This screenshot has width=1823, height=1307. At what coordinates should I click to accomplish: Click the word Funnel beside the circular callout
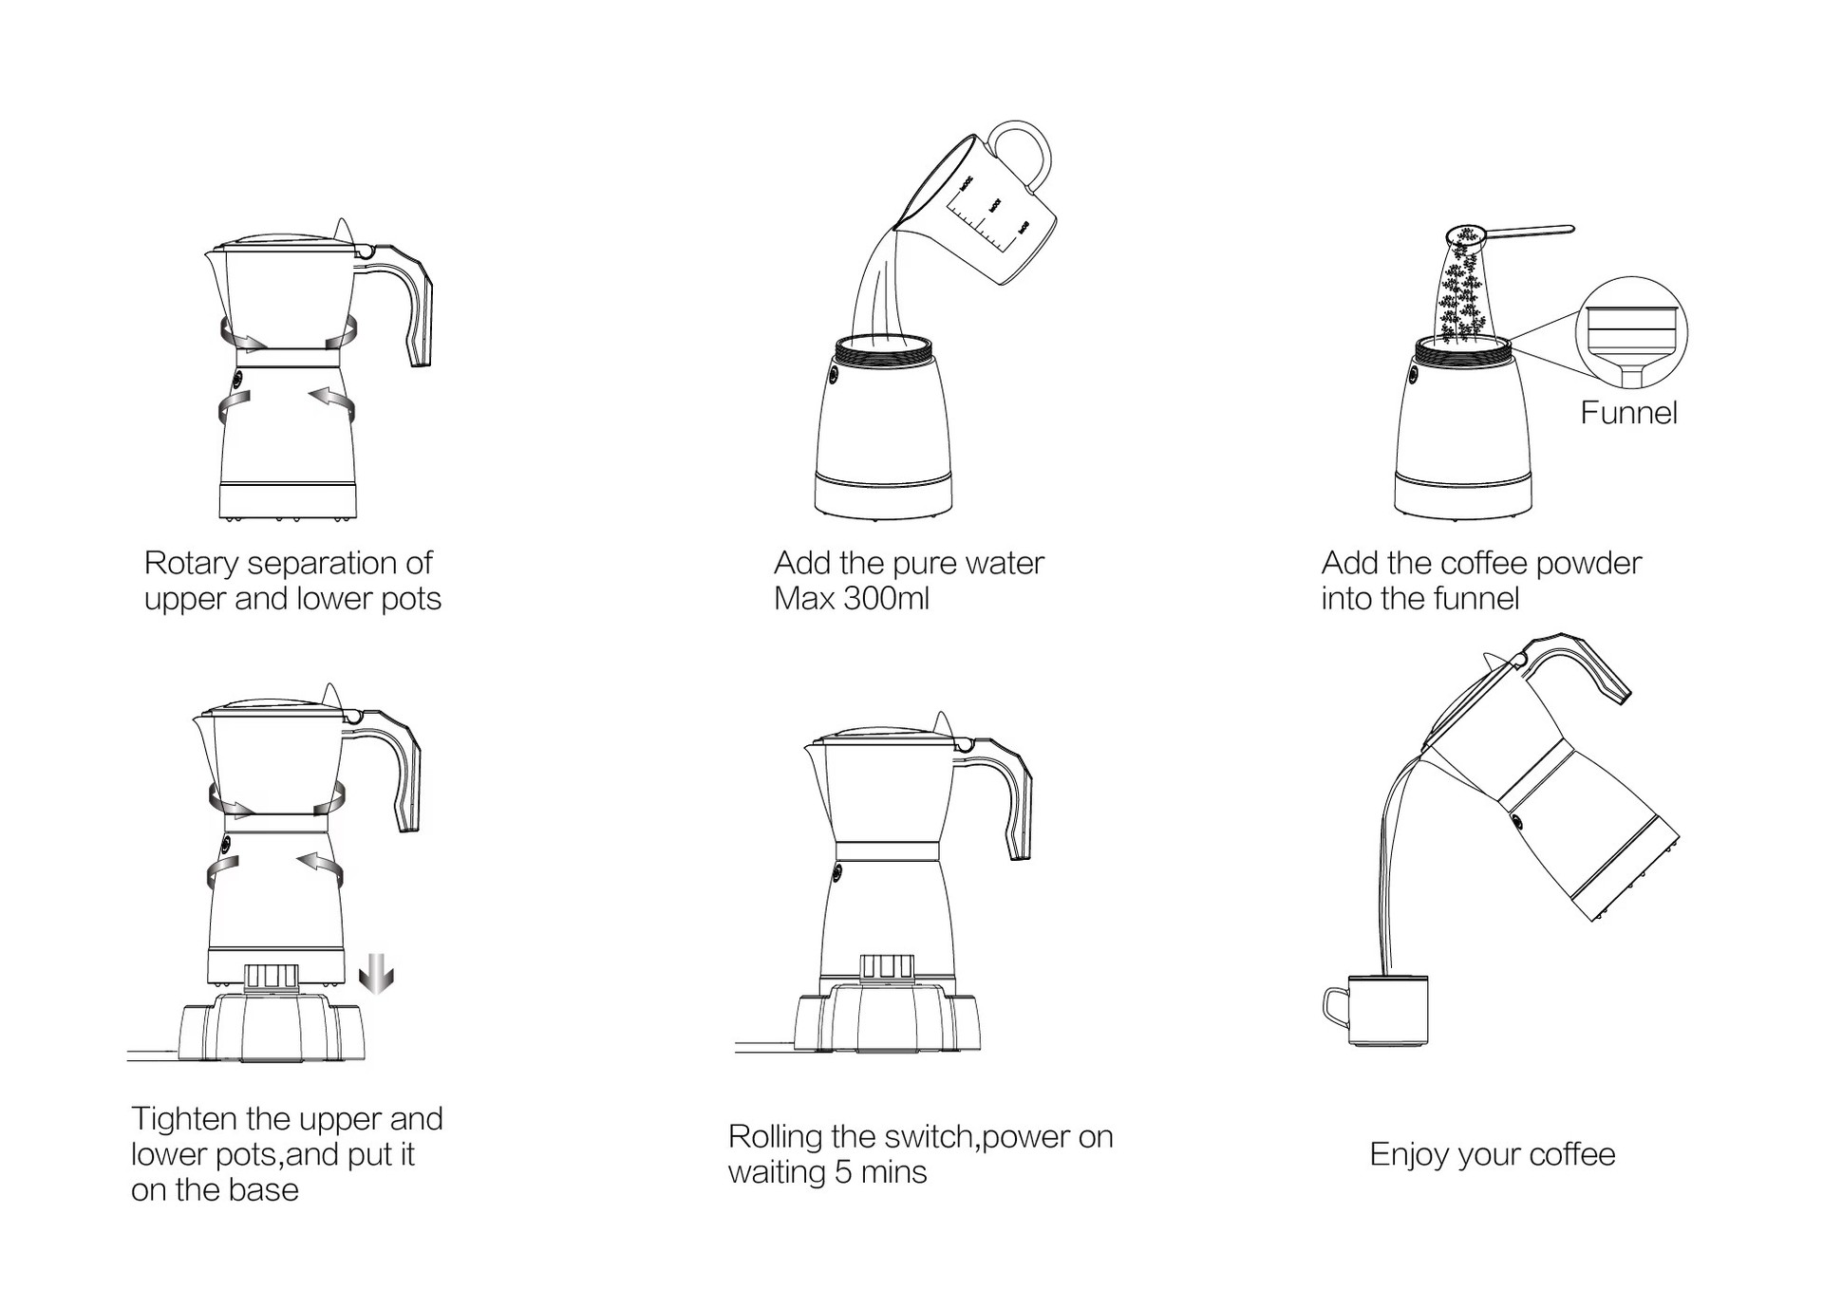pyautogui.click(x=1628, y=413)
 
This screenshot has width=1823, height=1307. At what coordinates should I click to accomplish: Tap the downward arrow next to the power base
pyautogui.click(x=376, y=974)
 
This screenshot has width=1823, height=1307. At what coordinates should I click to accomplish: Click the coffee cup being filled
pyautogui.click(x=1387, y=1010)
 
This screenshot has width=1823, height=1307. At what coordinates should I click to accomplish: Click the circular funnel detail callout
pyautogui.click(x=1631, y=333)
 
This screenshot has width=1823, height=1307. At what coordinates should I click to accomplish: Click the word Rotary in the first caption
pyautogui.click(x=191, y=564)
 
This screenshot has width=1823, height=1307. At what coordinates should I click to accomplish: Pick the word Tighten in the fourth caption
pyautogui.click(x=184, y=1119)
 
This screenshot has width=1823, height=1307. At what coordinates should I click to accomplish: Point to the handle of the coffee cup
pyautogui.click(x=1335, y=1007)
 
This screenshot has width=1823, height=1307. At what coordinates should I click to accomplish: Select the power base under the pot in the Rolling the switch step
pyautogui.click(x=888, y=1020)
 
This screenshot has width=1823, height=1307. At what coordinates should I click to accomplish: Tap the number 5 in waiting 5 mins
pyautogui.click(x=842, y=1173)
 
